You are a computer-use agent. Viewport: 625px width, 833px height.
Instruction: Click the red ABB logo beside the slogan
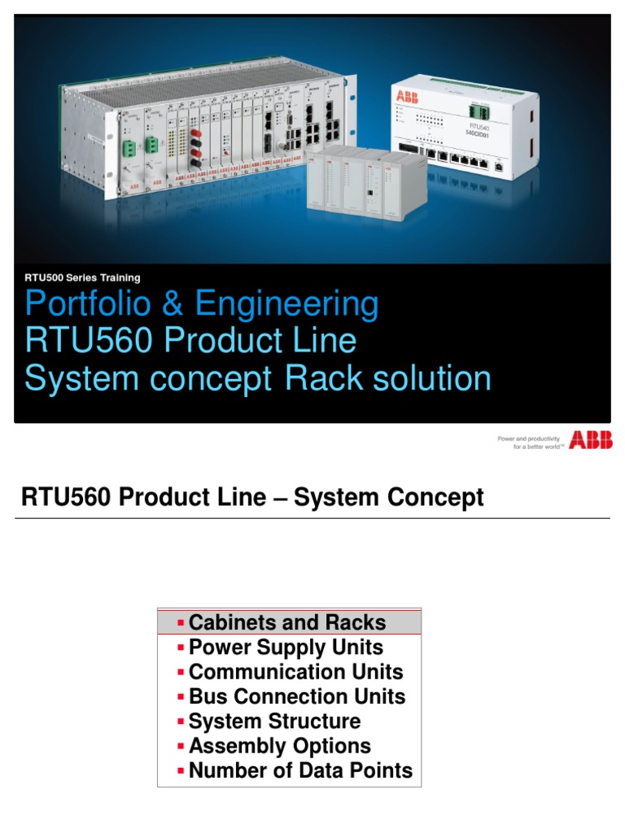coord(591,440)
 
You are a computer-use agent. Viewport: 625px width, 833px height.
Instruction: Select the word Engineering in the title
coord(287,305)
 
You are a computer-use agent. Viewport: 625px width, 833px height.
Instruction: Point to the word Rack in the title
coord(321,378)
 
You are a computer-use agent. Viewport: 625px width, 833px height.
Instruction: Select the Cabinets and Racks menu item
coord(286,622)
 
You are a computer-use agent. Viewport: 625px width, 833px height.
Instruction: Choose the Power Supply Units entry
coord(286,648)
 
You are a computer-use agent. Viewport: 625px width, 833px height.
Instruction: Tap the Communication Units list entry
coord(295,672)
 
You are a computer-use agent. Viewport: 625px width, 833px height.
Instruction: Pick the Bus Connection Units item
coord(297,696)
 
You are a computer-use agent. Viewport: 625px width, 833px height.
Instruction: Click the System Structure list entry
coord(274,722)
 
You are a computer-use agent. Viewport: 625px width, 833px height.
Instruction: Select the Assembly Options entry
coord(279,746)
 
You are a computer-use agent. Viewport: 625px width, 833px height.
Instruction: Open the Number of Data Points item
coord(300,770)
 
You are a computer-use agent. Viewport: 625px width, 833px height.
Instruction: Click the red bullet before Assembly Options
coord(181,747)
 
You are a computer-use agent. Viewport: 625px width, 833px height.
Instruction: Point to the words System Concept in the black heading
coord(389,497)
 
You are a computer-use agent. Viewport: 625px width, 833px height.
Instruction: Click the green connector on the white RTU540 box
coord(478,108)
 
